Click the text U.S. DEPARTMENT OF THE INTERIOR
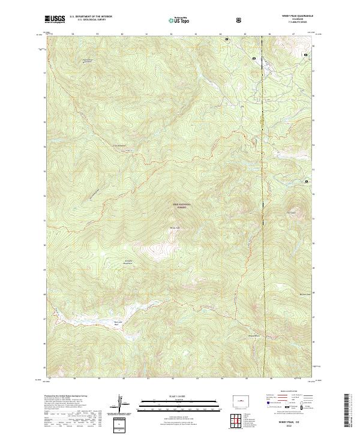(x=91, y=17)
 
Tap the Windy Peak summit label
(x=175, y=227)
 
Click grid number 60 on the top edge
(x=122, y=34)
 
